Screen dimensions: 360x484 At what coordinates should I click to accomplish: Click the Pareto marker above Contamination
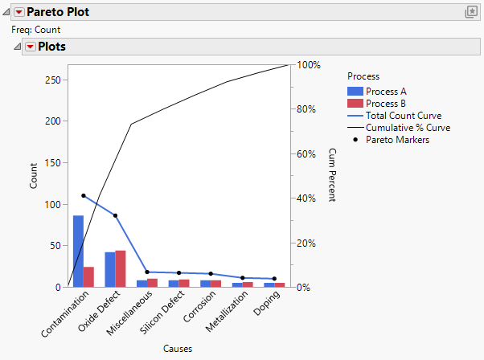pos(84,196)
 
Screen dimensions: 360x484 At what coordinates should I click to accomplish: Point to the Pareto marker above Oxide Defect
pos(116,215)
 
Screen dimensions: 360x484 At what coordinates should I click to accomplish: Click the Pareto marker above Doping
pos(275,279)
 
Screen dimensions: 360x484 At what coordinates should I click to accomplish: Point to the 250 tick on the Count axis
pos(54,80)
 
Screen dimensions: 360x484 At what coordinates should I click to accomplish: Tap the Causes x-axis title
pos(177,349)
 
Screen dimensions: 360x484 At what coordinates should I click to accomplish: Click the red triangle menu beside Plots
pos(31,47)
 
